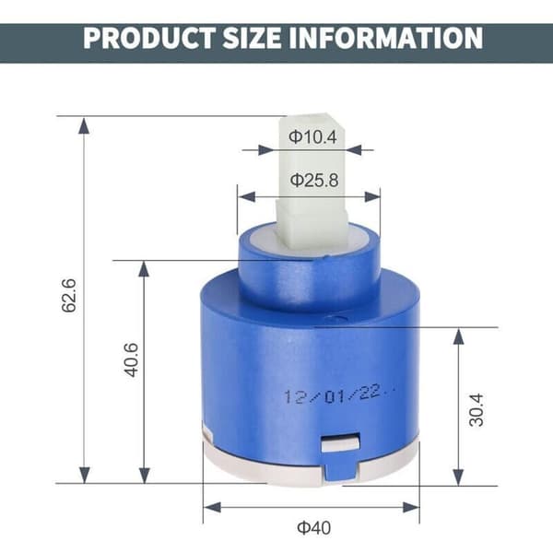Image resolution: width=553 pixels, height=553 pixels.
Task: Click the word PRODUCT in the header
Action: point(148,38)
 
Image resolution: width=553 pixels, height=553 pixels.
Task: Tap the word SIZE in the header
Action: point(253,38)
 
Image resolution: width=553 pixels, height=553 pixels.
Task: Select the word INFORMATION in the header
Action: point(386,38)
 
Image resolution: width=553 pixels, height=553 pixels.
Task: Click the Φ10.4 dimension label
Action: point(312,136)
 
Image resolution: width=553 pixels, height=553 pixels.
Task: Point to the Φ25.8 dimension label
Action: point(314,181)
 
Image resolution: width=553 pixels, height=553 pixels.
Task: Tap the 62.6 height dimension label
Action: point(69,295)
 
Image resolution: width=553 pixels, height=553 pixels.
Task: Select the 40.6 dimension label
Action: point(132,359)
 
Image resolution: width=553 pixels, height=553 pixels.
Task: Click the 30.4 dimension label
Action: point(477,410)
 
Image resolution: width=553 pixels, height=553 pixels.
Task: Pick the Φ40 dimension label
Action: point(314,528)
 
